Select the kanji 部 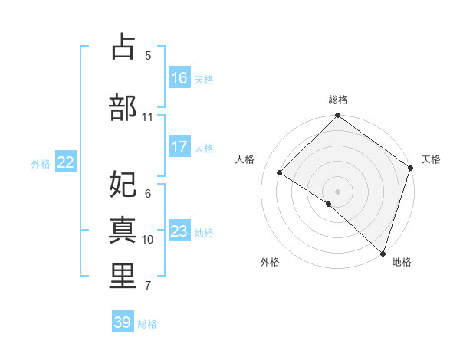tap(123, 106)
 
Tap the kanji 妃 tap(123, 185)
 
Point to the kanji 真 tap(123, 230)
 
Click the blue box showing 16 tap(179, 78)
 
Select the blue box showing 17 tap(179, 147)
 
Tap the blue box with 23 tap(179, 231)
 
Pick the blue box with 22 tap(66, 162)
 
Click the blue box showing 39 tap(123, 322)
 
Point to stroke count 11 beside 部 tap(148, 117)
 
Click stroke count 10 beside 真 tap(148, 240)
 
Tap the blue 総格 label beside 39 tap(147, 324)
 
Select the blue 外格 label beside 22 tap(41, 163)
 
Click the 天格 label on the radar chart tap(431, 159)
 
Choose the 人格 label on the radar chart tap(245, 159)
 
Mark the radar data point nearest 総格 tap(337, 116)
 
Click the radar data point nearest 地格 tap(383, 252)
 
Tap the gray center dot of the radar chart tap(337, 191)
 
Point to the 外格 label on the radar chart tap(270, 262)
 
